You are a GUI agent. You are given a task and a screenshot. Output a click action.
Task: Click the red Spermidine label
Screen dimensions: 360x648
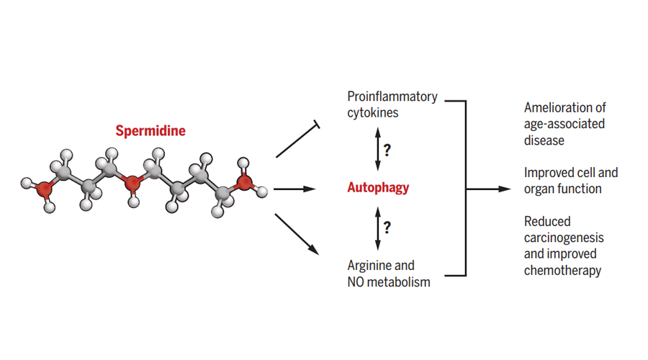pyautogui.click(x=150, y=131)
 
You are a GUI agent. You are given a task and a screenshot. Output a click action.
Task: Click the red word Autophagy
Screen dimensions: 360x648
pyautogui.click(x=378, y=188)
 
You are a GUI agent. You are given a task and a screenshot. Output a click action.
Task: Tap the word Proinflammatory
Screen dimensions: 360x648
pyautogui.click(x=392, y=96)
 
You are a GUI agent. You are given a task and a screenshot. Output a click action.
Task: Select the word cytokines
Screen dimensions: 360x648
pyautogui.click(x=374, y=113)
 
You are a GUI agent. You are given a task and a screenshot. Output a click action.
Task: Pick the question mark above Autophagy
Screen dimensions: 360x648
pyautogui.click(x=387, y=150)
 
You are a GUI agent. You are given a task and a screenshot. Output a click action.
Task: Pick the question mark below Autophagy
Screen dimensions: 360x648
pyautogui.click(x=387, y=228)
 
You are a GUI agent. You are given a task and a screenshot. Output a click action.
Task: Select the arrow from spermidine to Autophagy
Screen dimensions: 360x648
pyautogui.click(x=295, y=189)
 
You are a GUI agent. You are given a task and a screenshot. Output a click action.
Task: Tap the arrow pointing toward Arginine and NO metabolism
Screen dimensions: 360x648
pyautogui.click(x=297, y=232)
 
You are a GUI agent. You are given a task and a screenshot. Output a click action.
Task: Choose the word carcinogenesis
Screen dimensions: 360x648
pyautogui.click(x=564, y=238)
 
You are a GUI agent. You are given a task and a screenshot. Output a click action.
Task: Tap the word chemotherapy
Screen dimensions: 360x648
pyautogui.click(x=562, y=271)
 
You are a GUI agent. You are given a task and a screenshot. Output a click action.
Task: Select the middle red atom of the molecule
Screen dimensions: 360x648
pyautogui.click(x=132, y=185)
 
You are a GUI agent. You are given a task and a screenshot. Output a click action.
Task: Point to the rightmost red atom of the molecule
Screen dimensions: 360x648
pyautogui.click(x=244, y=181)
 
